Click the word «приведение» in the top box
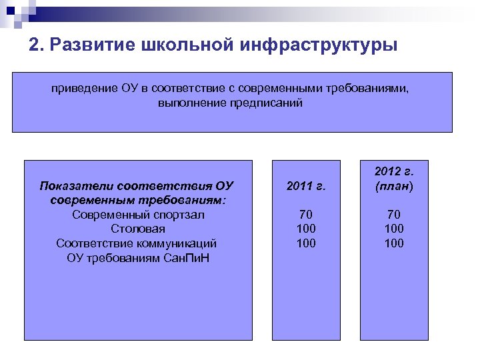[79, 89]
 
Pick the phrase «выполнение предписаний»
[231, 103]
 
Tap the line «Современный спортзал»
[138, 215]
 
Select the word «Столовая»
[138, 229]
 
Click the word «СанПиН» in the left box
[186, 257]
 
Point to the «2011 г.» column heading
[305, 186]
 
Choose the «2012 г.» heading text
[393, 172]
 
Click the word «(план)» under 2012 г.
[393, 186]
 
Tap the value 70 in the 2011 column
[305, 215]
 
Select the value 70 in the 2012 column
[393, 215]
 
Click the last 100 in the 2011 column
[305, 243]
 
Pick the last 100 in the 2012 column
[393, 243]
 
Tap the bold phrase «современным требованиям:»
[138, 200]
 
